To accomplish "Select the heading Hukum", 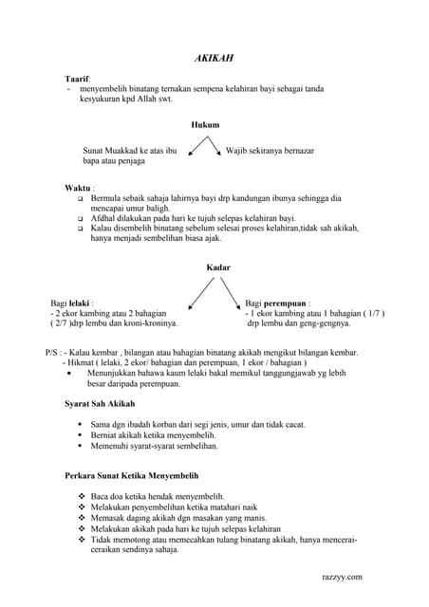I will (x=204, y=124).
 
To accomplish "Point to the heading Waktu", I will (x=78, y=188).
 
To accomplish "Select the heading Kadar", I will (x=217, y=267).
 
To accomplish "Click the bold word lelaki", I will (x=81, y=302).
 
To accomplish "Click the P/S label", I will (x=44, y=352).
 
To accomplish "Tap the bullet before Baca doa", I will (x=81, y=496).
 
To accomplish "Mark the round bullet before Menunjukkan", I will (x=75, y=374).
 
